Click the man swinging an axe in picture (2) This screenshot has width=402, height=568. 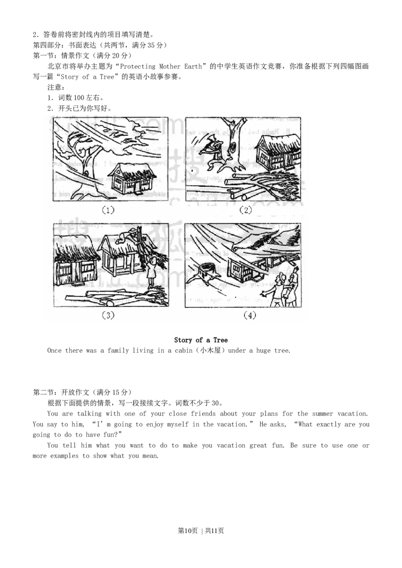(x=212, y=152)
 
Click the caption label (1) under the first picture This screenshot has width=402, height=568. (x=108, y=210)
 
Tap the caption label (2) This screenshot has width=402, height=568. (x=246, y=210)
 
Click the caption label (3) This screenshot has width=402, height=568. (x=108, y=315)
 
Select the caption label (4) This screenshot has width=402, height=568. (x=250, y=315)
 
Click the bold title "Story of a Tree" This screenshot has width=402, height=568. (x=201, y=340)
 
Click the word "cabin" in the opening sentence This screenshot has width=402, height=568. (x=183, y=350)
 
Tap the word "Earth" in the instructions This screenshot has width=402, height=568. (x=193, y=66)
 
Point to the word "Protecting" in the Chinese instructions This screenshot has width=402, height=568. (x=138, y=66)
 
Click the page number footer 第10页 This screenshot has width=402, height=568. (x=187, y=531)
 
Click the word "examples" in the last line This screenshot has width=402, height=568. (x=64, y=456)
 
